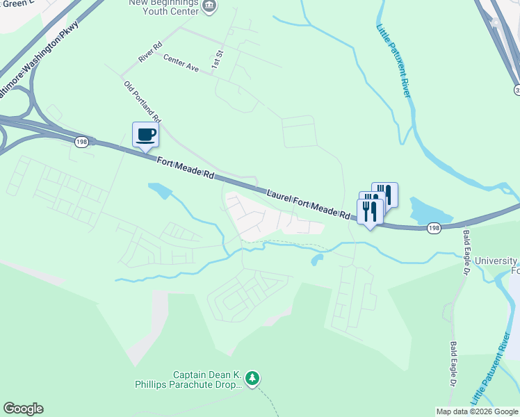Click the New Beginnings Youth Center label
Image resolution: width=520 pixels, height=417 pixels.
click(164, 6)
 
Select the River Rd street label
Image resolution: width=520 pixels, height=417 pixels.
click(150, 55)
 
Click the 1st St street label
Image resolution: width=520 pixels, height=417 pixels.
click(218, 57)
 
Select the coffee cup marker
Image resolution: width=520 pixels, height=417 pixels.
click(145, 134)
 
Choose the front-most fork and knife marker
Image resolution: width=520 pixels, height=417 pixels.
click(369, 211)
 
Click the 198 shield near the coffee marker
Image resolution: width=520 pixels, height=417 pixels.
click(82, 142)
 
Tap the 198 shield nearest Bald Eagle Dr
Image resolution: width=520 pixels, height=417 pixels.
click(434, 227)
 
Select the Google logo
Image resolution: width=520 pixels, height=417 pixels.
click(23, 409)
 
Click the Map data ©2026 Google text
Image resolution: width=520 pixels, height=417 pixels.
click(476, 411)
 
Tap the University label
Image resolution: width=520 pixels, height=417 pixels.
click(497, 261)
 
